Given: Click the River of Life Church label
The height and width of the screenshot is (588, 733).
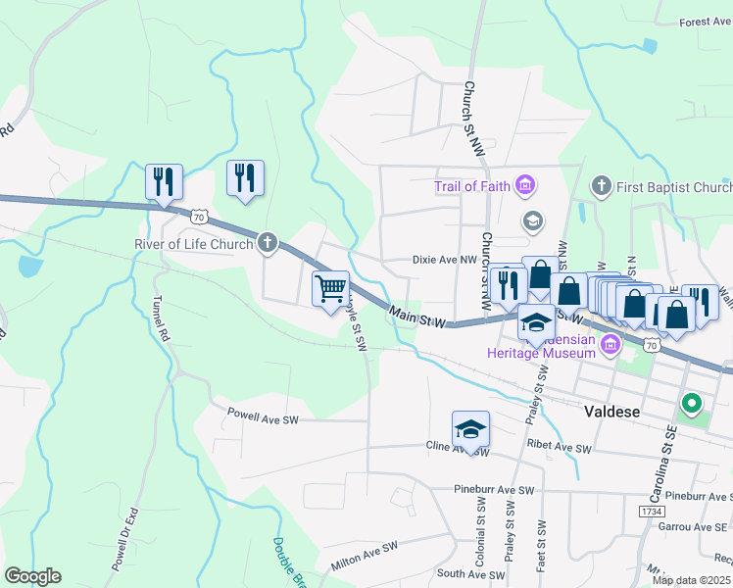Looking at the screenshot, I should tap(193, 244).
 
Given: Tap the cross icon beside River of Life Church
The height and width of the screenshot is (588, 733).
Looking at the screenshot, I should tap(268, 243).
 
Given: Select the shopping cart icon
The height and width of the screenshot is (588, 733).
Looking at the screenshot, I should tap(331, 288).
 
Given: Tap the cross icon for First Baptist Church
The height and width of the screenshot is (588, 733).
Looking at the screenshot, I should tap(602, 185).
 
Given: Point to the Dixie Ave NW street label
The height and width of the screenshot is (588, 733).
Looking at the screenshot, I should tap(444, 261).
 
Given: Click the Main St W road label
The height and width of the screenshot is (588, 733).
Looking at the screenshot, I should tap(416, 317).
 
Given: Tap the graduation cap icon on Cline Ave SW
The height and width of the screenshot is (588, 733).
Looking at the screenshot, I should tap(470, 428).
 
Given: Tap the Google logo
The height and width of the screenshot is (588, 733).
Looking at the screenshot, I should tap(32, 576).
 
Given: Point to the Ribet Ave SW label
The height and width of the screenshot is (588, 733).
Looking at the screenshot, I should tap(560, 447).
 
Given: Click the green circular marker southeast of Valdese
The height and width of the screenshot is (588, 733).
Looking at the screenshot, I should tap(691, 403).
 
